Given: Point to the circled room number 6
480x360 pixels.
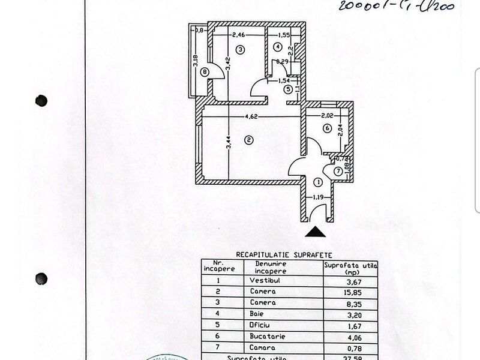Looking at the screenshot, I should click(x=327, y=128).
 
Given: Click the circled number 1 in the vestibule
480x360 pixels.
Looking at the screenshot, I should click(x=318, y=182).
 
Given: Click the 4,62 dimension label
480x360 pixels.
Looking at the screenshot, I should click(x=251, y=116).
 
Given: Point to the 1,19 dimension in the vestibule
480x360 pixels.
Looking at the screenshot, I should click(x=317, y=197).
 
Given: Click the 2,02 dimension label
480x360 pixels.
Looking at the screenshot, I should click(x=327, y=115).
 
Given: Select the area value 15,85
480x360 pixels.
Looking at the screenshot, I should click(x=350, y=292).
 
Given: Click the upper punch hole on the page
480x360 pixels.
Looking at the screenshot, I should click(x=41, y=100).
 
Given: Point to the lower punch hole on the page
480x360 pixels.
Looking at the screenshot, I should click(x=41, y=278).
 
